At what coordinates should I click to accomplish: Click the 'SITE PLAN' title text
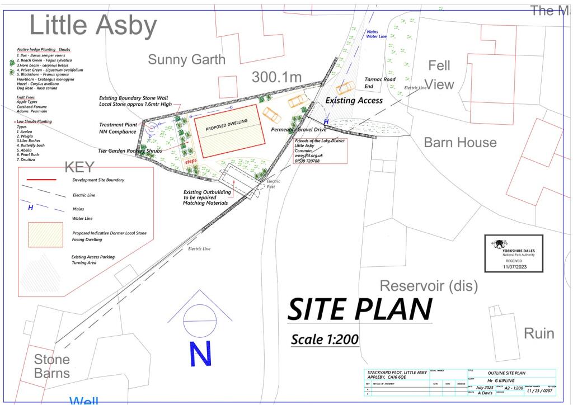point(360,309)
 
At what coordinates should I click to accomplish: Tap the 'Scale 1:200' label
point(325,339)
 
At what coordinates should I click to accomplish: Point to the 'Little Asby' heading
point(93,25)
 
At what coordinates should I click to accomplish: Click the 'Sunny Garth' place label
point(186,60)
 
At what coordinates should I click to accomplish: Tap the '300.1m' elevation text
point(276,77)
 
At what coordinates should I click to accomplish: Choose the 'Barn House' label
point(460,142)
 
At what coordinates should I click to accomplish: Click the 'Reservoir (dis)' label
point(429,286)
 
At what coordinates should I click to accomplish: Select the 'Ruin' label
point(539,333)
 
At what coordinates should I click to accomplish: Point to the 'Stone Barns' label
point(52,366)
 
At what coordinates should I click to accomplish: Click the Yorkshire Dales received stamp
point(514,253)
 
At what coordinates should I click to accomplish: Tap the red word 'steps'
point(191,161)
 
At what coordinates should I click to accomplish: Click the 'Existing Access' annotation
point(354,101)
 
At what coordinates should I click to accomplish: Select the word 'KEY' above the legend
point(80,167)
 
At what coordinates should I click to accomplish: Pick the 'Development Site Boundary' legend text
point(98,180)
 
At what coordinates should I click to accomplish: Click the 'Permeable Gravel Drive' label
point(299,129)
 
